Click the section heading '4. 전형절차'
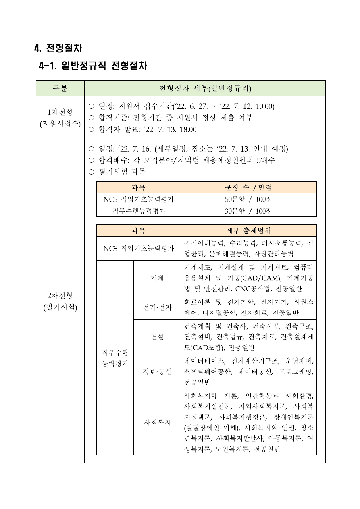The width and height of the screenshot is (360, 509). [x=58, y=48]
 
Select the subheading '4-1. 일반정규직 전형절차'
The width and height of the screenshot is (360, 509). [x=93, y=66]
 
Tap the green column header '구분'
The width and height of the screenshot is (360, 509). [x=60, y=89]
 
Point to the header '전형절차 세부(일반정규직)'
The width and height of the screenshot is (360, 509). [x=204, y=89]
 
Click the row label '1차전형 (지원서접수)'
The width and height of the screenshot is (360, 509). [x=60, y=118]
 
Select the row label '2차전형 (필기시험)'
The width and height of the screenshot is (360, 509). [x=60, y=301]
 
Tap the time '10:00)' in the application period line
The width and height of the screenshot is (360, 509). [x=265, y=106]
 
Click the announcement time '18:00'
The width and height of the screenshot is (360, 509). [x=187, y=129]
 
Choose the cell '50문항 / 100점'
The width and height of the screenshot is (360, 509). [x=248, y=199]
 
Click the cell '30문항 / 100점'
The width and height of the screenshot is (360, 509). [x=248, y=211]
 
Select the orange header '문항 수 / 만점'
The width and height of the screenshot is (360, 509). [x=248, y=187]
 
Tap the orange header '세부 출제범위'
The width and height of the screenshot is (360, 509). [x=248, y=231]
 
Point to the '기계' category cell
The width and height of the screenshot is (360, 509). [x=157, y=278]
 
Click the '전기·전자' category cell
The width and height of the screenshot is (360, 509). [x=157, y=307]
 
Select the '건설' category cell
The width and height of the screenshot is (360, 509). [x=157, y=337]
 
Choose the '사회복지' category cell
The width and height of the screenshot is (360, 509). [x=157, y=422]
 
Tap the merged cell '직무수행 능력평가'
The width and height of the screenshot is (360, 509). [x=115, y=358]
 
